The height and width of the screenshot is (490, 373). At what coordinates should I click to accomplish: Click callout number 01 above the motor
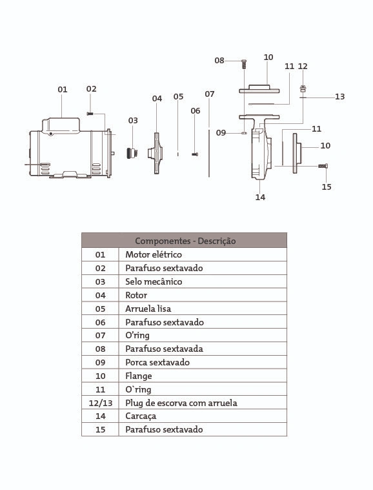click(63, 90)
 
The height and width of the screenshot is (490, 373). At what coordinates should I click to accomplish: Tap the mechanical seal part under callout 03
click(132, 153)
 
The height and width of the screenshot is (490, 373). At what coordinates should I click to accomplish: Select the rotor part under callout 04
click(156, 153)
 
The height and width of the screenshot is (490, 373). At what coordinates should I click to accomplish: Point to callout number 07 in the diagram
click(210, 94)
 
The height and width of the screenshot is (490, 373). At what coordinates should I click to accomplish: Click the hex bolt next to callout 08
click(244, 65)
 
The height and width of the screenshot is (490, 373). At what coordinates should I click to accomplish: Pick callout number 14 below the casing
click(260, 197)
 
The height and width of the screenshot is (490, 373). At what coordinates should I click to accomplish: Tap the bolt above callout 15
click(323, 166)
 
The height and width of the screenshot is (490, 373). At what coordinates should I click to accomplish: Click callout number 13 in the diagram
click(340, 97)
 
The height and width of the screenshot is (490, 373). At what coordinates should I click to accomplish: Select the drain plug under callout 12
click(303, 88)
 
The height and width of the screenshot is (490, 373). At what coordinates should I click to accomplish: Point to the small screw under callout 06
click(195, 154)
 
